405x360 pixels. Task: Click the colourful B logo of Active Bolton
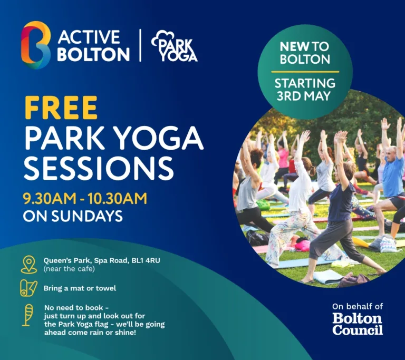35,45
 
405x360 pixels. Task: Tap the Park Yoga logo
174,46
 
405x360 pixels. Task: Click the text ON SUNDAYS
73,216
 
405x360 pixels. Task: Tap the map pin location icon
29,264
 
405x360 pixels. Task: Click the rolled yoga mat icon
28,288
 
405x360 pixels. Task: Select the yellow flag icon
27,315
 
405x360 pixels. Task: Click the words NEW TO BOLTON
305,53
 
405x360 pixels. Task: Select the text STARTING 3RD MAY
305,90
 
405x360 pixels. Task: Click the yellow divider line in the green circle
305,72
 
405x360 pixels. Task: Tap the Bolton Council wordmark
357,324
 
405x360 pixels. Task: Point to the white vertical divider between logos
140,46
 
